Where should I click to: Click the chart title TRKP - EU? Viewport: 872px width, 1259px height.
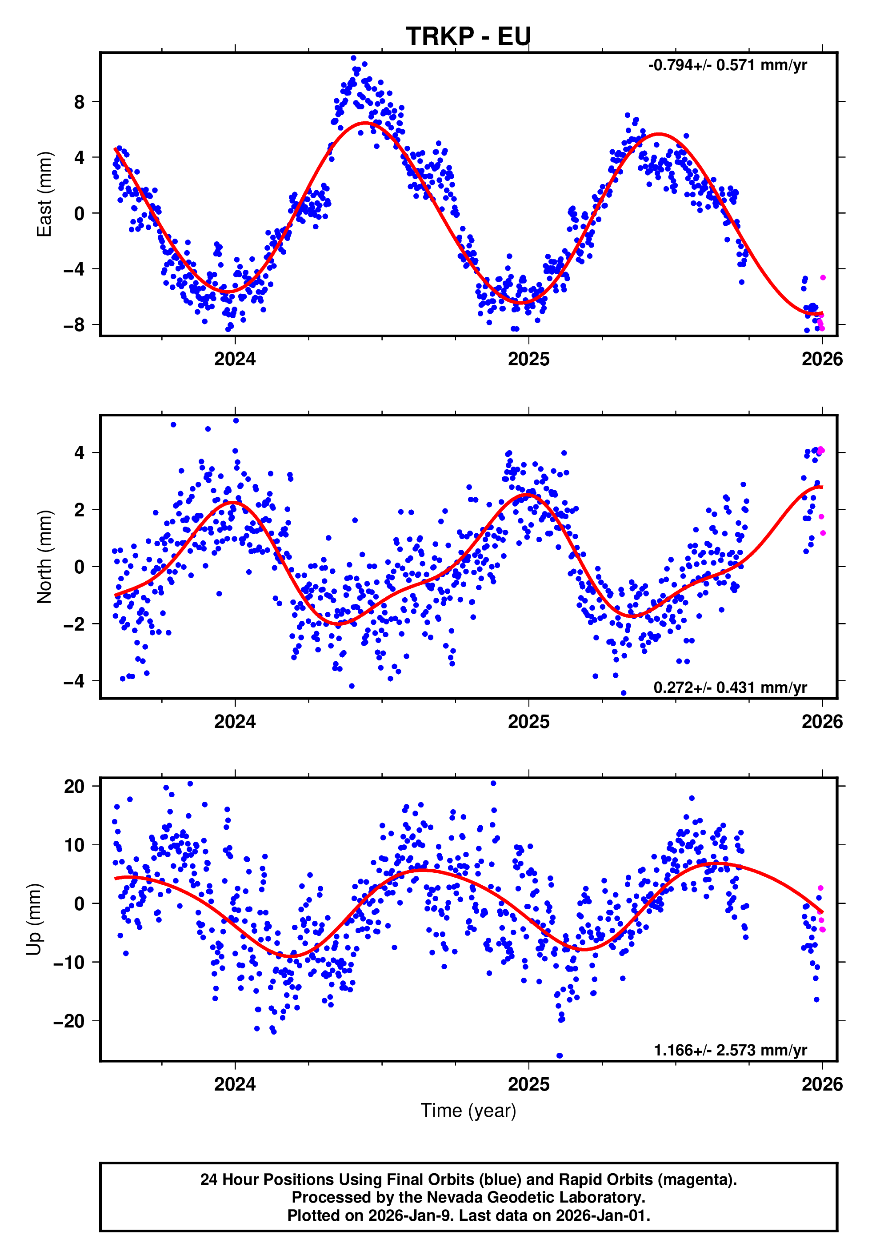click(x=468, y=36)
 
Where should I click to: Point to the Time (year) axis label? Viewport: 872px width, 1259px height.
click(x=468, y=1111)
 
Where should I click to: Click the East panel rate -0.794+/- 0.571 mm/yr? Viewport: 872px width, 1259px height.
click(x=727, y=65)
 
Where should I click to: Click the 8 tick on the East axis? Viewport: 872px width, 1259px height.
click(x=80, y=102)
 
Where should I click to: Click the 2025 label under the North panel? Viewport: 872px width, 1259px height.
click(x=528, y=722)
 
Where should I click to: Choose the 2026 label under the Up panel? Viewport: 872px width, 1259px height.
click(x=822, y=1084)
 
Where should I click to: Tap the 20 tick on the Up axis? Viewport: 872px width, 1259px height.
click(x=74, y=787)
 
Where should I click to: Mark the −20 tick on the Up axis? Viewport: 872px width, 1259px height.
click(x=69, y=1021)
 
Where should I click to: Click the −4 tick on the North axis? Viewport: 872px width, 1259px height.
click(x=74, y=681)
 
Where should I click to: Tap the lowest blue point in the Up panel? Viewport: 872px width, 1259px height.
click(x=560, y=1055)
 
